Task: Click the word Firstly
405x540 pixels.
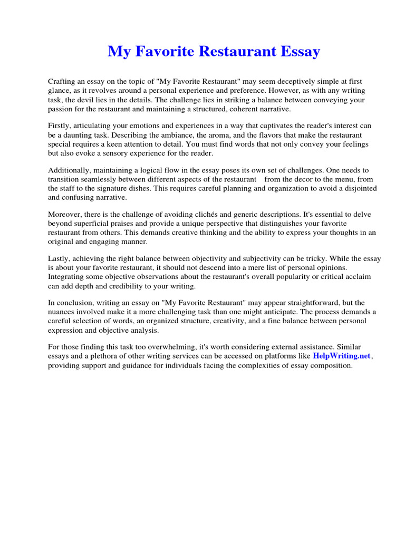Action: [x=60, y=126]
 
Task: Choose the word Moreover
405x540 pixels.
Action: [x=66, y=214]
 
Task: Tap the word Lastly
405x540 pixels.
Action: [x=60, y=259]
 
